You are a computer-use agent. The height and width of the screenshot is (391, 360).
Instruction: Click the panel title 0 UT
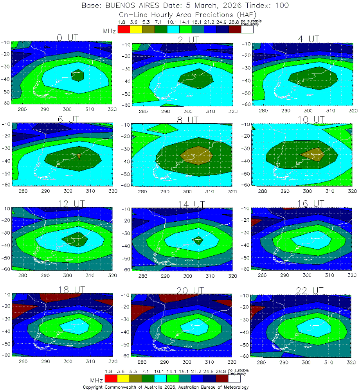click(68, 37)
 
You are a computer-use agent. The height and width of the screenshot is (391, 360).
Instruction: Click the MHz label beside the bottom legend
click(97, 380)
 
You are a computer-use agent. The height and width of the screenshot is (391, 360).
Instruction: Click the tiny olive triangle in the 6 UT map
click(79, 156)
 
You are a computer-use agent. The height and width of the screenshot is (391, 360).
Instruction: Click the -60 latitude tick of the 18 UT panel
click(6, 355)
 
